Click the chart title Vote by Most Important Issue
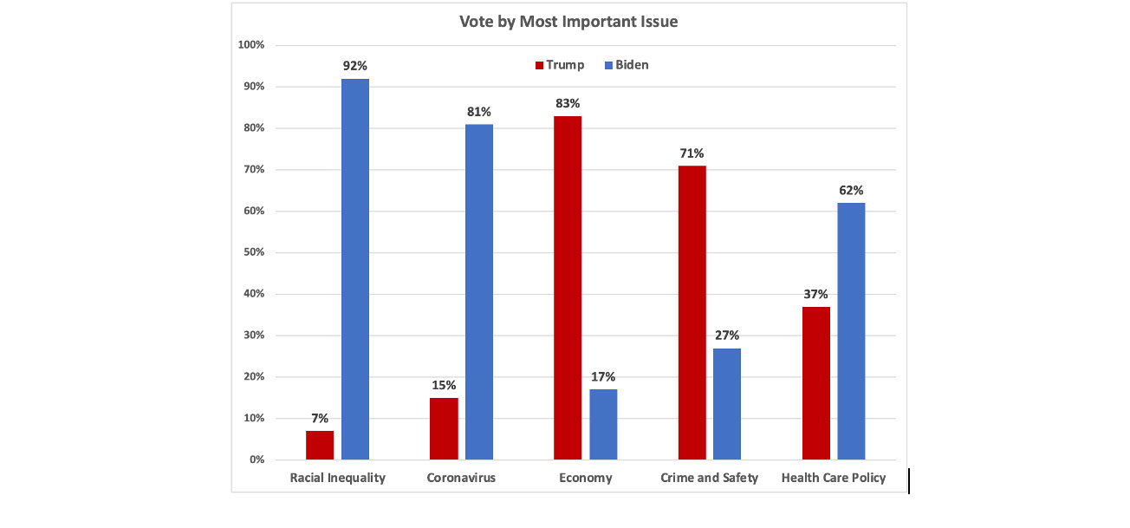coord(568,22)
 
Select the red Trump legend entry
coord(560,65)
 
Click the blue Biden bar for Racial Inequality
coord(355,269)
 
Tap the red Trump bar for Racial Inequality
coord(320,445)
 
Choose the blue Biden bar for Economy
coord(603,424)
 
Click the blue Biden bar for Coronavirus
coord(479,291)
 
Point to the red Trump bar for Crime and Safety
coord(692,312)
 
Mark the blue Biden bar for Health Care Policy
coord(851,330)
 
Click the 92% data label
coord(355,66)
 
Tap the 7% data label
coord(320,418)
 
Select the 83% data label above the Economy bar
coord(568,103)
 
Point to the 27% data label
coord(727,336)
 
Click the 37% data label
coord(815,294)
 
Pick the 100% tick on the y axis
coord(251,45)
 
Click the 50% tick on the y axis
coord(253,252)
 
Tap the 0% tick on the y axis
coord(257,460)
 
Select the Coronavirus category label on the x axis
coord(461,478)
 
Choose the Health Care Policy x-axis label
coord(833,478)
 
